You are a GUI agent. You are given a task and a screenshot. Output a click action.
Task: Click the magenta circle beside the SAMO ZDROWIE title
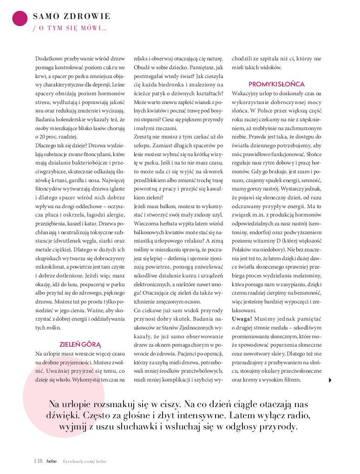tap(20, 18)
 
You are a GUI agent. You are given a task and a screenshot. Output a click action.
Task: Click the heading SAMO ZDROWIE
tap(72, 17)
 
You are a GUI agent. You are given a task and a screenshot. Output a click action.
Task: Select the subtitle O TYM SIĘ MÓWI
tap(70, 28)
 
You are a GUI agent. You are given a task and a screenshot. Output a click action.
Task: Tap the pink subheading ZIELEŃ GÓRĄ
tap(80, 344)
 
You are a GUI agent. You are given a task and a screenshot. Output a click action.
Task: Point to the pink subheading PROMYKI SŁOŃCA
tap(276, 84)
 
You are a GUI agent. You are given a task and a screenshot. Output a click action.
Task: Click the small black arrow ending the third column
tap(330, 380)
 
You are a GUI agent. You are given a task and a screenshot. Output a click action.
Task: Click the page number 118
tap(38, 461)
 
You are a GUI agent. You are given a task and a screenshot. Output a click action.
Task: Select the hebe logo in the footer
tap(51, 461)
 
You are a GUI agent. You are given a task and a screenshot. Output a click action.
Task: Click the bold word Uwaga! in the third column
tap(242, 318)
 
